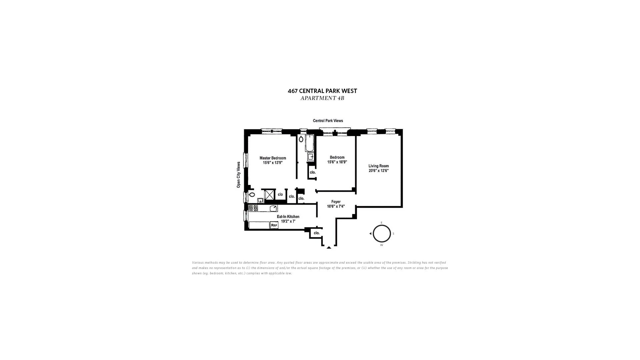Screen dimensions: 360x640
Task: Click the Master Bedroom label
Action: click(273, 158)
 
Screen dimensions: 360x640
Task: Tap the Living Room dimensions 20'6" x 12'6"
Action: click(378, 171)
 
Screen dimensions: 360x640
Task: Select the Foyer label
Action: click(336, 202)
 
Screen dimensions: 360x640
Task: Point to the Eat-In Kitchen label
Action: click(288, 217)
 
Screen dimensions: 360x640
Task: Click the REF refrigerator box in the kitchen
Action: click(274, 225)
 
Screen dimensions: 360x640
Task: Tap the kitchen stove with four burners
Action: click(253, 208)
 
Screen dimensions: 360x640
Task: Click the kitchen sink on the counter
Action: click(273, 209)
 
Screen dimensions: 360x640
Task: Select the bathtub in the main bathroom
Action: click(309, 143)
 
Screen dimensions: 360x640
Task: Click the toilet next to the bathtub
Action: click(301, 139)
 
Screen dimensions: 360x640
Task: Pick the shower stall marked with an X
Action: click(269, 195)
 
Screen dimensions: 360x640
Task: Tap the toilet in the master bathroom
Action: click(252, 194)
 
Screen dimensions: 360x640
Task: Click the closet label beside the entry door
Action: click(316, 233)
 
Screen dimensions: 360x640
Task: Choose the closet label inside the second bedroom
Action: click(312, 172)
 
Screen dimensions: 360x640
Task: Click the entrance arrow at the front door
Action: click(329, 248)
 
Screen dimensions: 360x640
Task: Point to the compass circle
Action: click(382, 233)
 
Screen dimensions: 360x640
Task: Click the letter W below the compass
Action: click(382, 245)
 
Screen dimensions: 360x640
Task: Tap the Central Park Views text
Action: click(328, 121)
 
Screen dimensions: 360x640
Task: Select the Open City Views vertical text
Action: click(238, 175)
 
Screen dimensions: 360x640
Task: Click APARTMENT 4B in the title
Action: click(322, 98)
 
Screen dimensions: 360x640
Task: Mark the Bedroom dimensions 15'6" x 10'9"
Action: click(337, 162)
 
